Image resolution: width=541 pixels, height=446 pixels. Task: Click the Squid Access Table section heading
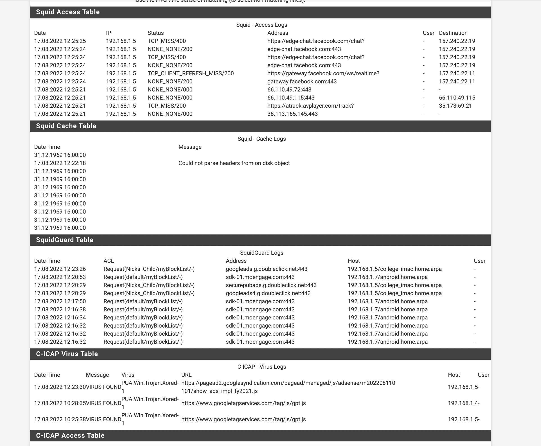[x=68, y=12]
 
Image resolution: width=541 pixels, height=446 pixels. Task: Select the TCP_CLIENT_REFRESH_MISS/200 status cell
[x=191, y=74]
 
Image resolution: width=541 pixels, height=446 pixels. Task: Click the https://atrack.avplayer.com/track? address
[x=310, y=106]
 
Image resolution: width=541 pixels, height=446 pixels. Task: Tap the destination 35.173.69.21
[x=455, y=106]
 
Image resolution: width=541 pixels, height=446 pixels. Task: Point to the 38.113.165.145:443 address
[x=292, y=114]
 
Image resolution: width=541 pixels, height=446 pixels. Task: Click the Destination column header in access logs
[x=453, y=33]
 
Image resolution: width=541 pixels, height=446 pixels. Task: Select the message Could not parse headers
[x=234, y=163]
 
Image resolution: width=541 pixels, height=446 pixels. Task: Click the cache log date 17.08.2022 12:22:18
[x=60, y=163]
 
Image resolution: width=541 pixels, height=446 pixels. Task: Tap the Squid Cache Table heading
[x=66, y=126]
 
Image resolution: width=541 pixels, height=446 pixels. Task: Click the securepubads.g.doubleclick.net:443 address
[x=271, y=285]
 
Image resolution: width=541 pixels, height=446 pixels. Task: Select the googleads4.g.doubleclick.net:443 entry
[x=268, y=293]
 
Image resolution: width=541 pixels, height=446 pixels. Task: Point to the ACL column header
[x=108, y=261]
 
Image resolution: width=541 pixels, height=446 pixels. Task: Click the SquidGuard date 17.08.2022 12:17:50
[x=60, y=301]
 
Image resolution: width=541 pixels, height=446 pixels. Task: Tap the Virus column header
[x=128, y=375]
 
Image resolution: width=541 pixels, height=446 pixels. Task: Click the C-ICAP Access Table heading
[x=70, y=435]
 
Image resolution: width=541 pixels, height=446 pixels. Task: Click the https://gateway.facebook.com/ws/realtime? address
[x=323, y=74]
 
